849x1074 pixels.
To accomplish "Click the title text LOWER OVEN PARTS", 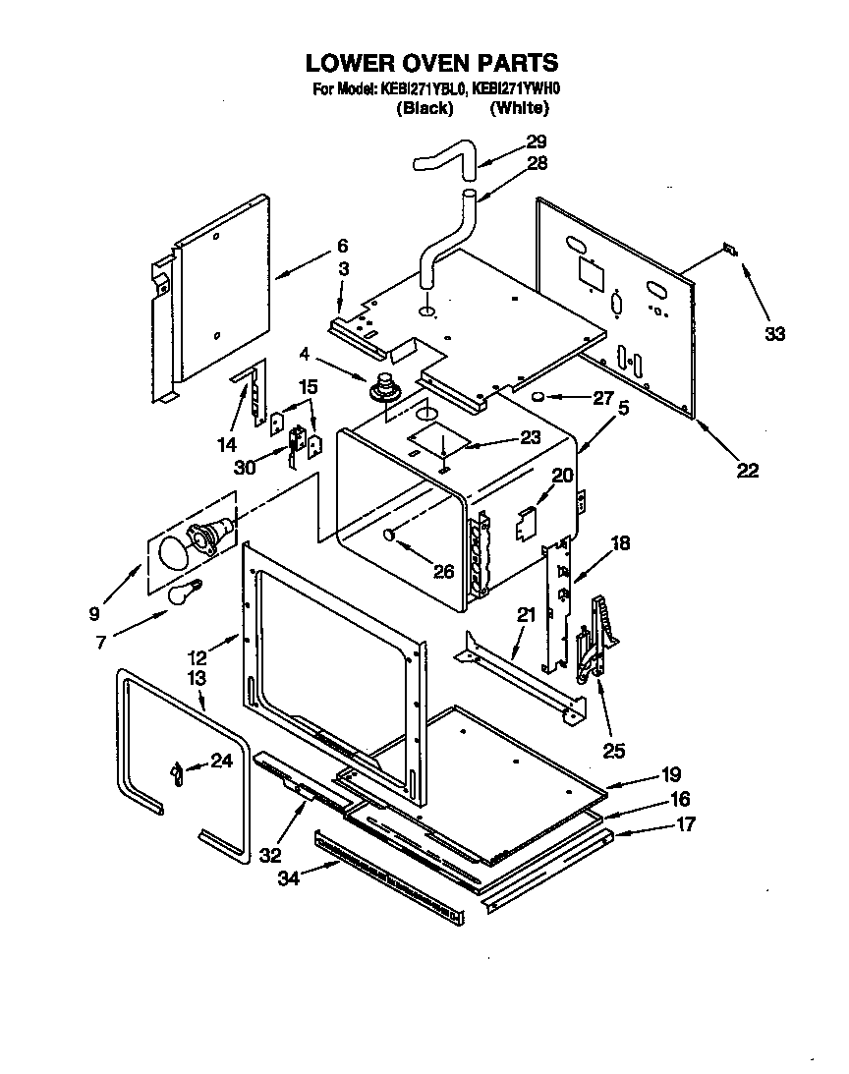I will [431, 63].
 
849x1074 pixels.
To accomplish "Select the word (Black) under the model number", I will [424, 109].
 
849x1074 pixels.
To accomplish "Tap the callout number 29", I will [537, 141].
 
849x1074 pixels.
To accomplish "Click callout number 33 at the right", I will [775, 334].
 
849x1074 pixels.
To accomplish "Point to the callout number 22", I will [747, 471].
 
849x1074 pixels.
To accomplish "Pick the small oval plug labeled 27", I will [539, 396].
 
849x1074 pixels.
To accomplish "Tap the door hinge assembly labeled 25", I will [595, 639].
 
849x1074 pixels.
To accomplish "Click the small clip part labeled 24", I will [176, 773].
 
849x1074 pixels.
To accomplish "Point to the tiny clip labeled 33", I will [727, 250].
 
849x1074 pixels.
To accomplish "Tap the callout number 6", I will [342, 246].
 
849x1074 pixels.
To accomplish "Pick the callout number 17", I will [685, 824].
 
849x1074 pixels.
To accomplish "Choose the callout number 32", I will [271, 855].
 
